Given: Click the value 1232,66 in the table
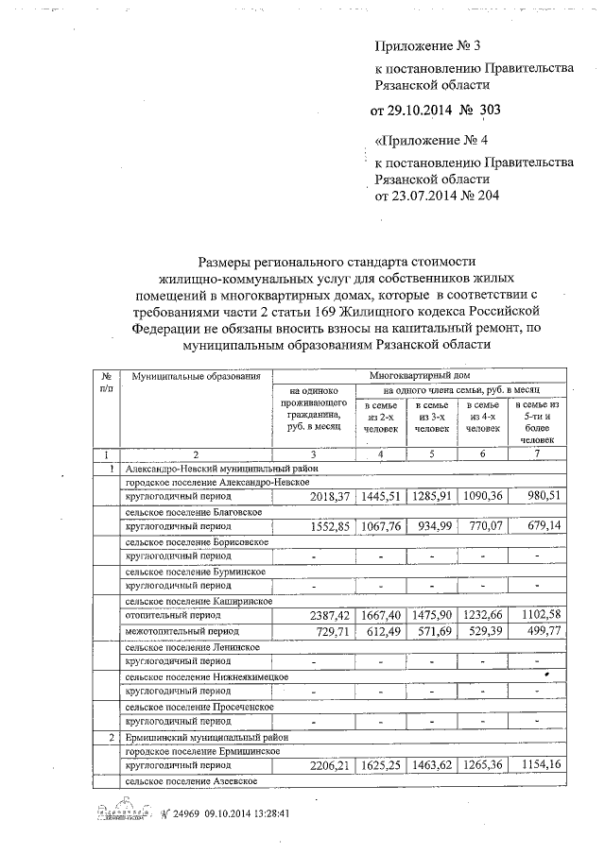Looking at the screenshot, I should [483, 615].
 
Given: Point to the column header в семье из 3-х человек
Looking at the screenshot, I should [431, 417].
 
